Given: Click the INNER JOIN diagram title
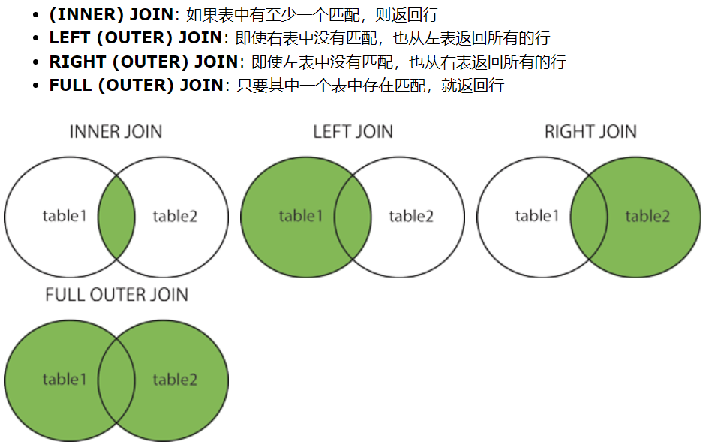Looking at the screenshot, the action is tap(116, 132).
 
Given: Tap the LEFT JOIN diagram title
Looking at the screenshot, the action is tap(353, 132).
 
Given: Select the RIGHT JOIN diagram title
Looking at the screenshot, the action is tap(590, 132).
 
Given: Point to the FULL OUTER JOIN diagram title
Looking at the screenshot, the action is tap(116, 295).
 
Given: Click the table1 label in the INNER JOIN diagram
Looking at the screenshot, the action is tap(65, 217).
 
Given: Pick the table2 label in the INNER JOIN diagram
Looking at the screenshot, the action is tap(175, 217).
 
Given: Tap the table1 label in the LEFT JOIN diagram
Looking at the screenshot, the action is tap(300, 217).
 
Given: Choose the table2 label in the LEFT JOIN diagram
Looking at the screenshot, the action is tap(411, 217).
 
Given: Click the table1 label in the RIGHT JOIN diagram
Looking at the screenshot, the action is tap(537, 217).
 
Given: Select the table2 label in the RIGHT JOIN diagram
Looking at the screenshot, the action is tap(647, 217).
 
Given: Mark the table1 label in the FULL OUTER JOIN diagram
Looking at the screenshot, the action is tap(65, 379).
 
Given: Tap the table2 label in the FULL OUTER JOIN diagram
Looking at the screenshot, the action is tap(175, 379).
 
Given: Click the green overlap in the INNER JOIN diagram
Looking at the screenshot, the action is tap(116, 217).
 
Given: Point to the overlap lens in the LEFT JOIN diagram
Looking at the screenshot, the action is tap(353, 217).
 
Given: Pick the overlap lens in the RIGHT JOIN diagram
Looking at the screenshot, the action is tap(589, 217).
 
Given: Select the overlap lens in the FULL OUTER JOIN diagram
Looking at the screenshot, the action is tap(116, 380).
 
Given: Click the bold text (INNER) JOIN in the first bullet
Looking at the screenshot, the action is tap(111, 15).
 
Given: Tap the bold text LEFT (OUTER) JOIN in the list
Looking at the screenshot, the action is tap(136, 38).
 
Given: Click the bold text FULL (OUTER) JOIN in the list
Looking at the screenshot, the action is tap(136, 85).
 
